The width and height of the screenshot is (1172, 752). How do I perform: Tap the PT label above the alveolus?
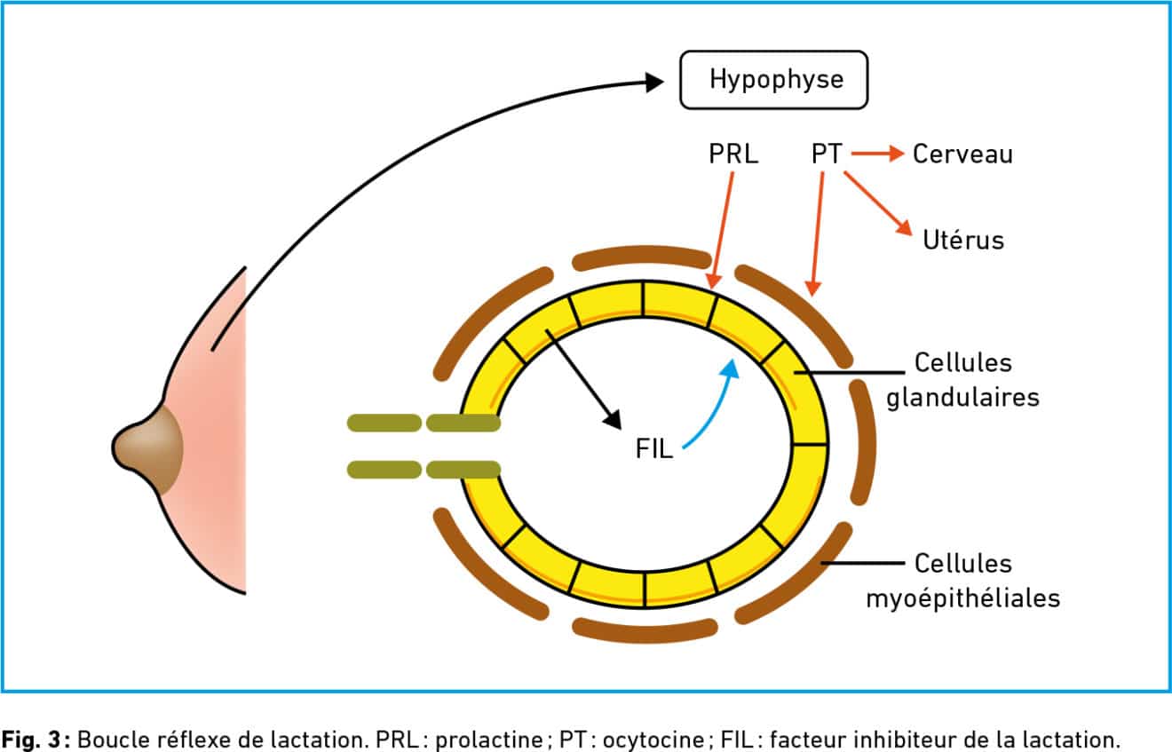[827, 154]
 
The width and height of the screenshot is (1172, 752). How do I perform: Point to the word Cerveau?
[962, 154]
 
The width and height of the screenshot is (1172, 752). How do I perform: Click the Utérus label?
[962, 240]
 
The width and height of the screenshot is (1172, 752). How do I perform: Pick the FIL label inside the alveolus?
[654, 449]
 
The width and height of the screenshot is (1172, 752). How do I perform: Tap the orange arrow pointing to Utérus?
[877, 203]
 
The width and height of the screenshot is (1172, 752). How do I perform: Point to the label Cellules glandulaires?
[962, 379]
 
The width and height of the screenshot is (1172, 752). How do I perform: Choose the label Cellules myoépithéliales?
[962, 581]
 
